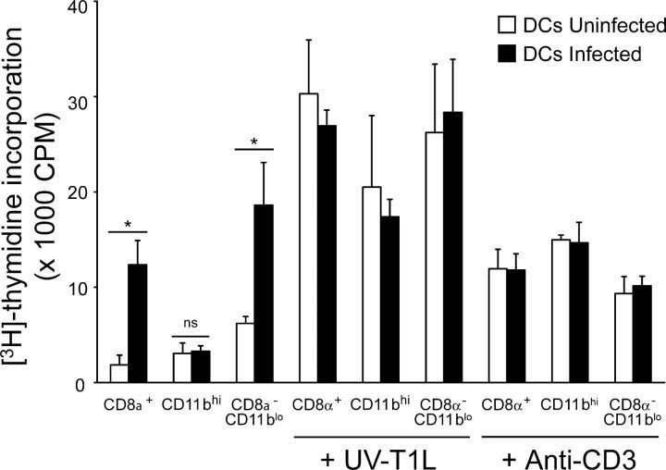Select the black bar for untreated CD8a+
tap(137, 323)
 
